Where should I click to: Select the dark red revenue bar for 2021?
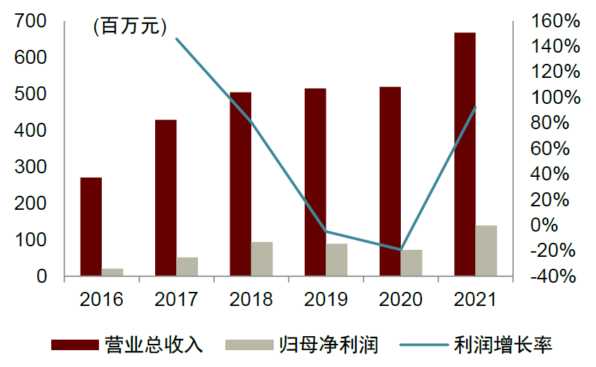(465, 154)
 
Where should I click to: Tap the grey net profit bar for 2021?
(486, 251)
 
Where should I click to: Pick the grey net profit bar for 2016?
(112, 272)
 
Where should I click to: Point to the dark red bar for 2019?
(315, 182)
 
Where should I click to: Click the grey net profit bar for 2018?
(262, 259)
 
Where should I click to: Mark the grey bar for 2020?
(411, 262)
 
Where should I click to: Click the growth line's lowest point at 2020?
(401, 249)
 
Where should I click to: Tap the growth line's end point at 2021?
(476, 107)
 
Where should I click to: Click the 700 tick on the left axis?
(33, 22)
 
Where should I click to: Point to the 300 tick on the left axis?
(33, 167)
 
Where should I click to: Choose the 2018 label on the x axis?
(251, 300)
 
